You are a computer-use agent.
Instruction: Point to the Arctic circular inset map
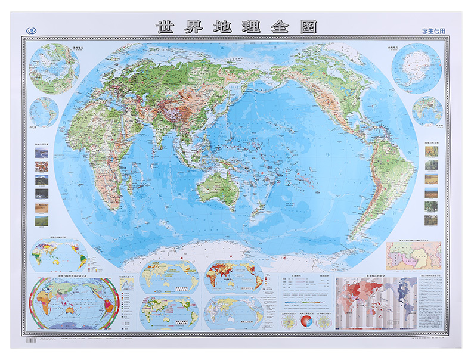click(x=54, y=66)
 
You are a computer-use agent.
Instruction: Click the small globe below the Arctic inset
click(x=45, y=111)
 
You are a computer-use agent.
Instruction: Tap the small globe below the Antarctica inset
click(x=427, y=111)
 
